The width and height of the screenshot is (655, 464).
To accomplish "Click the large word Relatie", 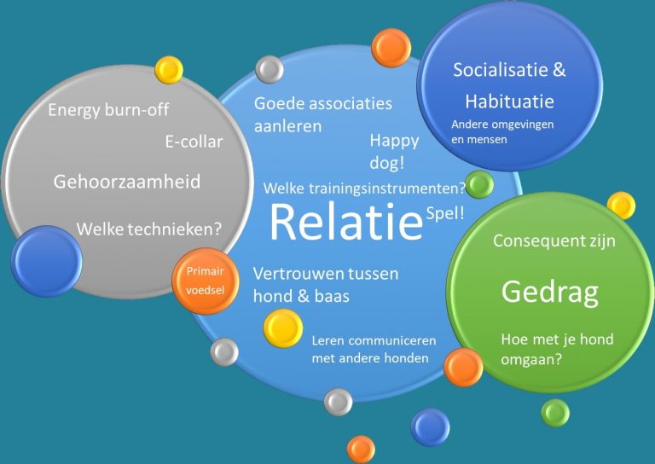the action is coord(346,222).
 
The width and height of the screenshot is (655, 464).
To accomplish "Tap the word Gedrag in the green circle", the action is coord(550,293).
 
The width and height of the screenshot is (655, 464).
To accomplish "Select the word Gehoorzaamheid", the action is coord(127,182).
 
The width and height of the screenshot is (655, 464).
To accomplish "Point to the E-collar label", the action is coord(194,142).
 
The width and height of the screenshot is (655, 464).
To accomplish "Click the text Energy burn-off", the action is coord(108,110).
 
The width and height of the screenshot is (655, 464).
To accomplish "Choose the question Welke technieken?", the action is coord(148,229).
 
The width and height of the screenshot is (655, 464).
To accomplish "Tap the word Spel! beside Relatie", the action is coord(445,213).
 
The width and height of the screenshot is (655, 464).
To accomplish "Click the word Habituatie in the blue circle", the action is coord(510,101).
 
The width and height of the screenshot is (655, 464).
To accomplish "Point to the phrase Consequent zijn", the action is coord(554,241).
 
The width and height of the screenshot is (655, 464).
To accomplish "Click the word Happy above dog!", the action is coord(394,142).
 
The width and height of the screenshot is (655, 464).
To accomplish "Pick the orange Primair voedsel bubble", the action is coord(206,281).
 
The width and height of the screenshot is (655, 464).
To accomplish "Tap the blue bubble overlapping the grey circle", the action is coord(46,261).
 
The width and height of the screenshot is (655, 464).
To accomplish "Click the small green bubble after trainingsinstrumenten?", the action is coord(479,184).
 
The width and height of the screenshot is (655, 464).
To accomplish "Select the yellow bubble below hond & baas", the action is coord(283,328).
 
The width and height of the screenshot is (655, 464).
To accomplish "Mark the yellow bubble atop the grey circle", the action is coord(169,70).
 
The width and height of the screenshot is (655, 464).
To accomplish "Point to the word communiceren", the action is coord(392,341).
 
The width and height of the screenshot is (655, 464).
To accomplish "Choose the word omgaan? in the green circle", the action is coord(531,359).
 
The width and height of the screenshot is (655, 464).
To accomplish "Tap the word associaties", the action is coord(349,103).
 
